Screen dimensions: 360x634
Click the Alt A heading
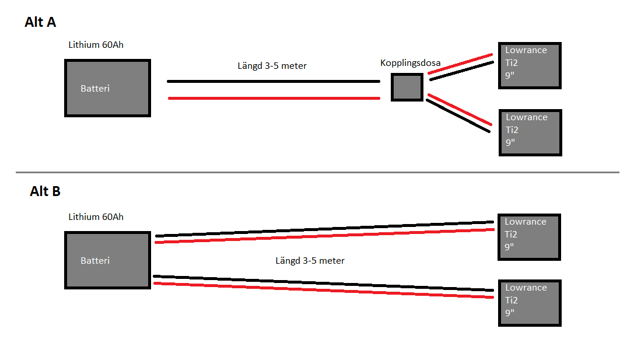tap(40, 23)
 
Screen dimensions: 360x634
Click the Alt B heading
tap(45, 191)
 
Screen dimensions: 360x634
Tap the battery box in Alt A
tap(107, 88)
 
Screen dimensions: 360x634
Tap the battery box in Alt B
tap(107, 260)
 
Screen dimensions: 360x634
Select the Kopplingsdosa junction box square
tap(407, 88)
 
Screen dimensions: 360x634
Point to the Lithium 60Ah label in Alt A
tap(96, 45)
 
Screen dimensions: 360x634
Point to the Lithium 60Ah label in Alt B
tap(96, 217)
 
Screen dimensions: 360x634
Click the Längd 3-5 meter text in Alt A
tap(272, 66)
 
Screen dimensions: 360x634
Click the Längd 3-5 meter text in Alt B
tap(310, 261)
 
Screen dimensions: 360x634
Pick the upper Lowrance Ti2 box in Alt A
tap(530, 65)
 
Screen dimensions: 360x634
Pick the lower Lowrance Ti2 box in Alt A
tap(530, 132)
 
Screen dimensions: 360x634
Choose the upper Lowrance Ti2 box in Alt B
tap(529, 237)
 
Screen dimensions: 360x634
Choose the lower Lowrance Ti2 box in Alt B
tap(529, 303)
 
